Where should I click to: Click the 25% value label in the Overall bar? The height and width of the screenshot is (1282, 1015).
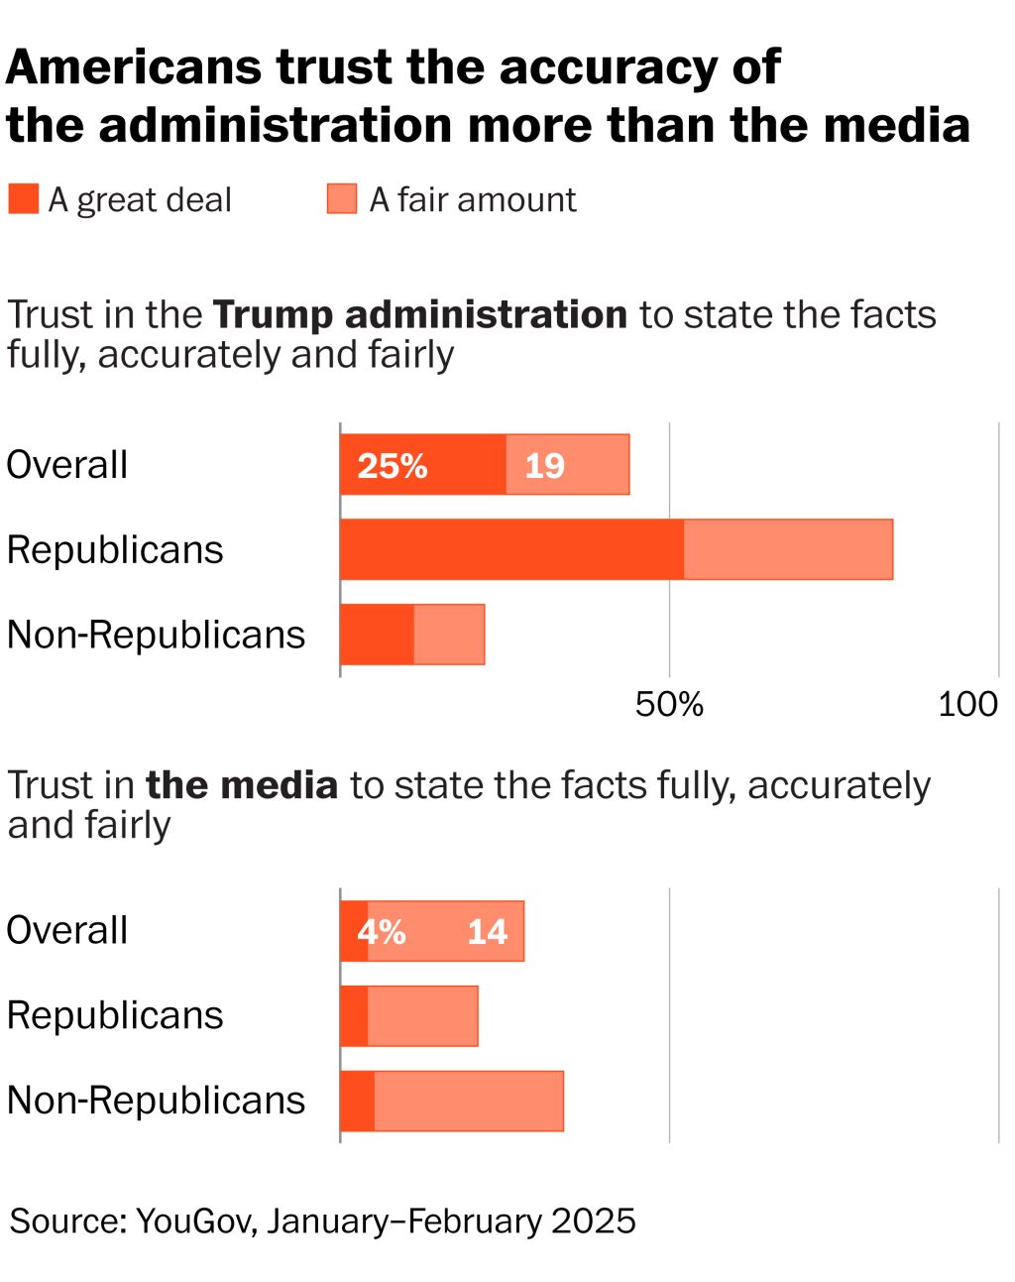[x=393, y=465]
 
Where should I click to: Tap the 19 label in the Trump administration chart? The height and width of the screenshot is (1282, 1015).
[x=544, y=465]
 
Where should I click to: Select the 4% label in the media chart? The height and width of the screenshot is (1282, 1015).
[x=382, y=931]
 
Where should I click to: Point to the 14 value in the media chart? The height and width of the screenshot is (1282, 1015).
[x=487, y=931]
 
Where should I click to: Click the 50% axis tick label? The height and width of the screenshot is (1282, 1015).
[x=669, y=704]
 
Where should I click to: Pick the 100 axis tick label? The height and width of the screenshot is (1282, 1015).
[x=967, y=704]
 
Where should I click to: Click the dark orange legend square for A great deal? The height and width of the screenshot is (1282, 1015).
[x=23, y=199]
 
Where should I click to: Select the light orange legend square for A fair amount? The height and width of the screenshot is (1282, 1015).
[x=341, y=199]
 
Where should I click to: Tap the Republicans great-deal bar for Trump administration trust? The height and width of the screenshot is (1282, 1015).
[x=511, y=549]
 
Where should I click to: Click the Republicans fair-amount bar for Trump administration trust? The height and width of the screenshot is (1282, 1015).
[x=788, y=549]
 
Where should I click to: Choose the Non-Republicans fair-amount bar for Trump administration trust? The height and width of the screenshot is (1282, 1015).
[x=449, y=635]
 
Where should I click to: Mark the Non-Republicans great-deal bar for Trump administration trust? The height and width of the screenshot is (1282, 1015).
[x=377, y=635]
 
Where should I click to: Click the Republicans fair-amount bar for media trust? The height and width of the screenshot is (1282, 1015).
[x=422, y=1015]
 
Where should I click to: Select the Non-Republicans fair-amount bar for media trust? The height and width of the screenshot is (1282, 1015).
[x=469, y=1101]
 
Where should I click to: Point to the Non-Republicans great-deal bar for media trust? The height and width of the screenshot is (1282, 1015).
[x=357, y=1101]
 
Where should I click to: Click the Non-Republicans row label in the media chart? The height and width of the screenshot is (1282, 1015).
[x=156, y=1101]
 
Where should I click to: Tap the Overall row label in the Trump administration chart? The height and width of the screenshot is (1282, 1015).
[x=67, y=465]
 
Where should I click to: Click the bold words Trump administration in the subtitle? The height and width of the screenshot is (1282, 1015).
[x=420, y=315]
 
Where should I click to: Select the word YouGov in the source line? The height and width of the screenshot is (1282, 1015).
[x=196, y=1221]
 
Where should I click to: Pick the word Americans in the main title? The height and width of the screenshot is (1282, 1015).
[x=135, y=67]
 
